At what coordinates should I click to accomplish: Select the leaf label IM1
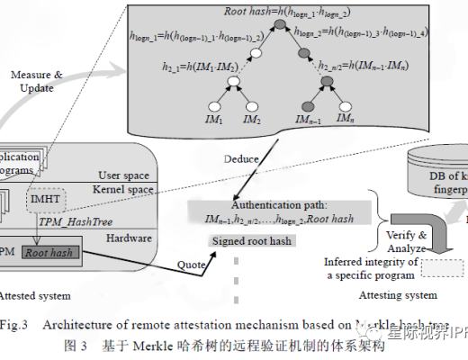(214, 119)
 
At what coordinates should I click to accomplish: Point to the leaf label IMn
(345, 119)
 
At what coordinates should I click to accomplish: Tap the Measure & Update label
(37, 81)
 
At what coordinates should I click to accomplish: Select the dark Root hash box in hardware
(51, 254)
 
